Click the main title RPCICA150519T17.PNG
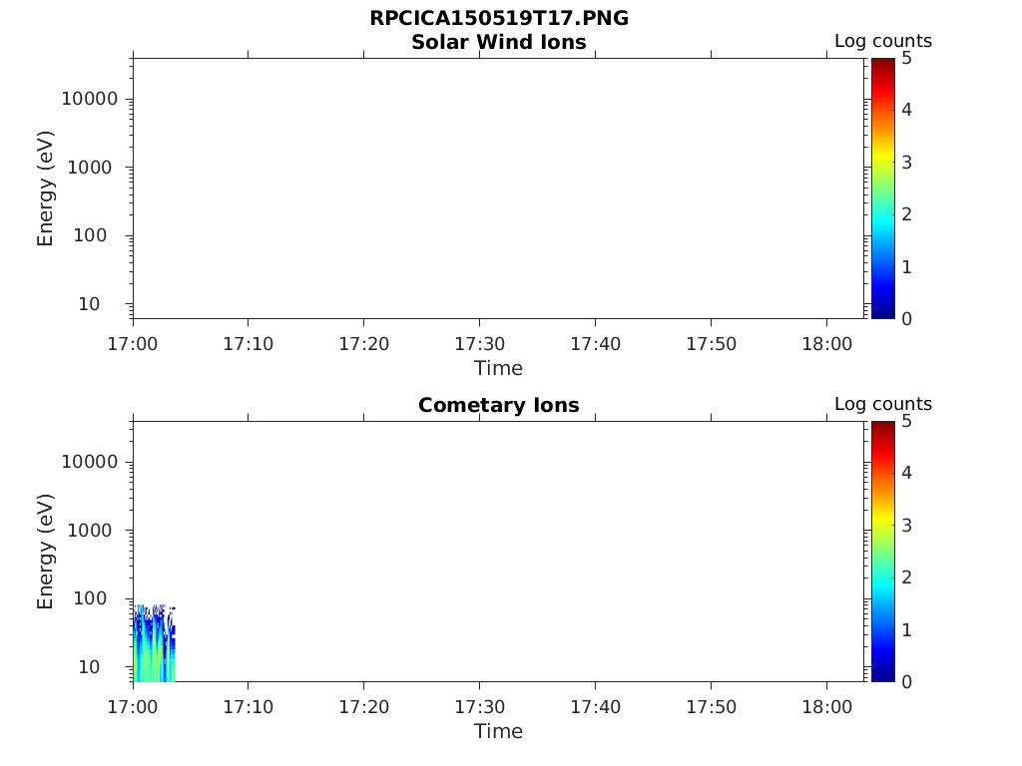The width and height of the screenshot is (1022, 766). (x=499, y=19)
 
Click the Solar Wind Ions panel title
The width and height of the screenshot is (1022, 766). (x=499, y=42)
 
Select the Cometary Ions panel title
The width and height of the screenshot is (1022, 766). (x=499, y=405)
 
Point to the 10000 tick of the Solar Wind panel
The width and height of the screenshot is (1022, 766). (x=91, y=99)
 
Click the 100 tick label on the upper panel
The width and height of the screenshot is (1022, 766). (x=100, y=235)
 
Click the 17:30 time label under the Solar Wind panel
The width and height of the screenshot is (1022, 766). (x=479, y=344)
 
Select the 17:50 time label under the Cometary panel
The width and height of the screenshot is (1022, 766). (x=711, y=707)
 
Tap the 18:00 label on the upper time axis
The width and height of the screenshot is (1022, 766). (x=826, y=344)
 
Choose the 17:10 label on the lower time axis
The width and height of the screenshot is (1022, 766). (x=249, y=707)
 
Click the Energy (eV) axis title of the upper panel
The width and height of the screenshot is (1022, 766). (x=46, y=188)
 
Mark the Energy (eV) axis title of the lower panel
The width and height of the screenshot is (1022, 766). (x=46, y=551)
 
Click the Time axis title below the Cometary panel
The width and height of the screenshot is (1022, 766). (x=499, y=731)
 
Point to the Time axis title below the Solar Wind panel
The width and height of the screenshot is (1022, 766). (x=499, y=368)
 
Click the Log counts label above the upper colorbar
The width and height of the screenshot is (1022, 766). (x=883, y=42)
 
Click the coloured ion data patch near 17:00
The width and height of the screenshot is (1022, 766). (x=154, y=648)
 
